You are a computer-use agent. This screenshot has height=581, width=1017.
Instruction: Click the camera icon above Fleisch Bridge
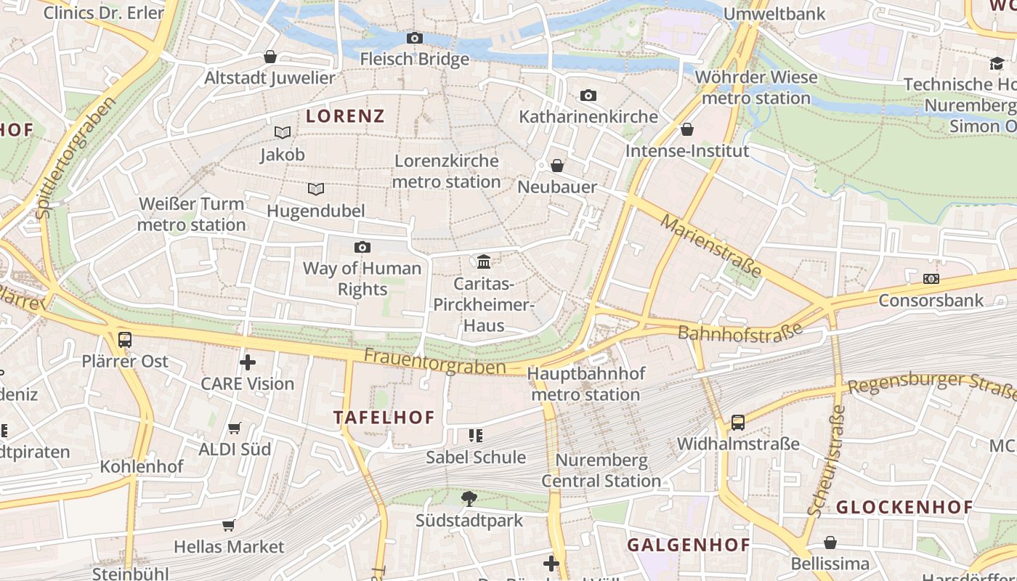click(x=415, y=38)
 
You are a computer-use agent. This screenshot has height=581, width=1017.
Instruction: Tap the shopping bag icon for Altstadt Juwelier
click(x=270, y=57)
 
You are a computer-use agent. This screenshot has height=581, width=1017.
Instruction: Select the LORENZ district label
click(x=345, y=115)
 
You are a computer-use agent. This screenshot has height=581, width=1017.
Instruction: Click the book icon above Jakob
click(x=283, y=132)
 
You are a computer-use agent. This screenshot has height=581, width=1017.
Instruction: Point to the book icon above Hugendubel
click(x=315, y=189)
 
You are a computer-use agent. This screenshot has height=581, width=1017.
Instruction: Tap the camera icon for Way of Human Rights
click(x=362, y=248)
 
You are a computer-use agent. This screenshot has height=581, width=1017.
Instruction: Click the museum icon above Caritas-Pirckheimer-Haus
click(x=484, y=261)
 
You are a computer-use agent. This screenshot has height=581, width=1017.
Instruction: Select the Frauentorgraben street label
click(x=434, y=362)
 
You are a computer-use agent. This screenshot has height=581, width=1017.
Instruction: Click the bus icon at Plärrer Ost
click(x=125, y=339)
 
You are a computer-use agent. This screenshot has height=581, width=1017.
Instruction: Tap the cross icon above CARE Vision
click(x=248, y=362)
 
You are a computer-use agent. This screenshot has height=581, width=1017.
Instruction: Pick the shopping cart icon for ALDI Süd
click(x=234, y=428)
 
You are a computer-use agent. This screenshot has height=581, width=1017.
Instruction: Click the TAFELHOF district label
click(x=384, y=418)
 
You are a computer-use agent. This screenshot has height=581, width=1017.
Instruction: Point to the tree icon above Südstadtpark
click(x=469, y=498)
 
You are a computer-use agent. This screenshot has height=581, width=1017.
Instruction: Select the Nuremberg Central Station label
click(x=601, y=471)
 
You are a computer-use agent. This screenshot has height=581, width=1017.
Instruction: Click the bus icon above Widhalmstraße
click(x=738, y=422)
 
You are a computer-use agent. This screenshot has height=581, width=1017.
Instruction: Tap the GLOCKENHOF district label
click(x=904, y=508)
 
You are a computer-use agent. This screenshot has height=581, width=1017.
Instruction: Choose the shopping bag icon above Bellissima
click(x=830, y=543)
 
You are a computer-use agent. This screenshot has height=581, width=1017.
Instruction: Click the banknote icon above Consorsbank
click(x=931, y=279)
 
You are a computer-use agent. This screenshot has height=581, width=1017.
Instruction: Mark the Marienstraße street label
click(x=711, y=246)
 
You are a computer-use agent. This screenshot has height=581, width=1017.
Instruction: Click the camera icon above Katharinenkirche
click(x=588, y=95)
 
